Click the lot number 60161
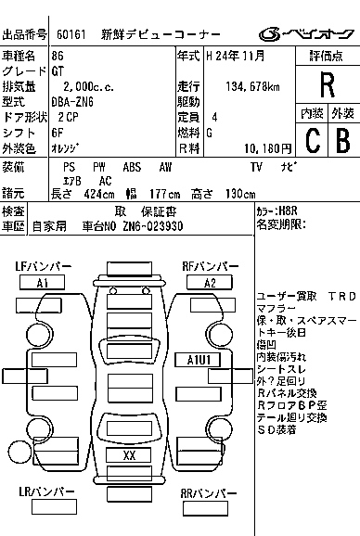(x=71, y=35)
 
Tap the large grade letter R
(x=326, y=85)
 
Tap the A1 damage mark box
(x=43, y=283)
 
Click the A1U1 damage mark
(x=197, y=360)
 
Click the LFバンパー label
(x=44, y=267)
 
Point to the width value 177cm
(x=163, y=194)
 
